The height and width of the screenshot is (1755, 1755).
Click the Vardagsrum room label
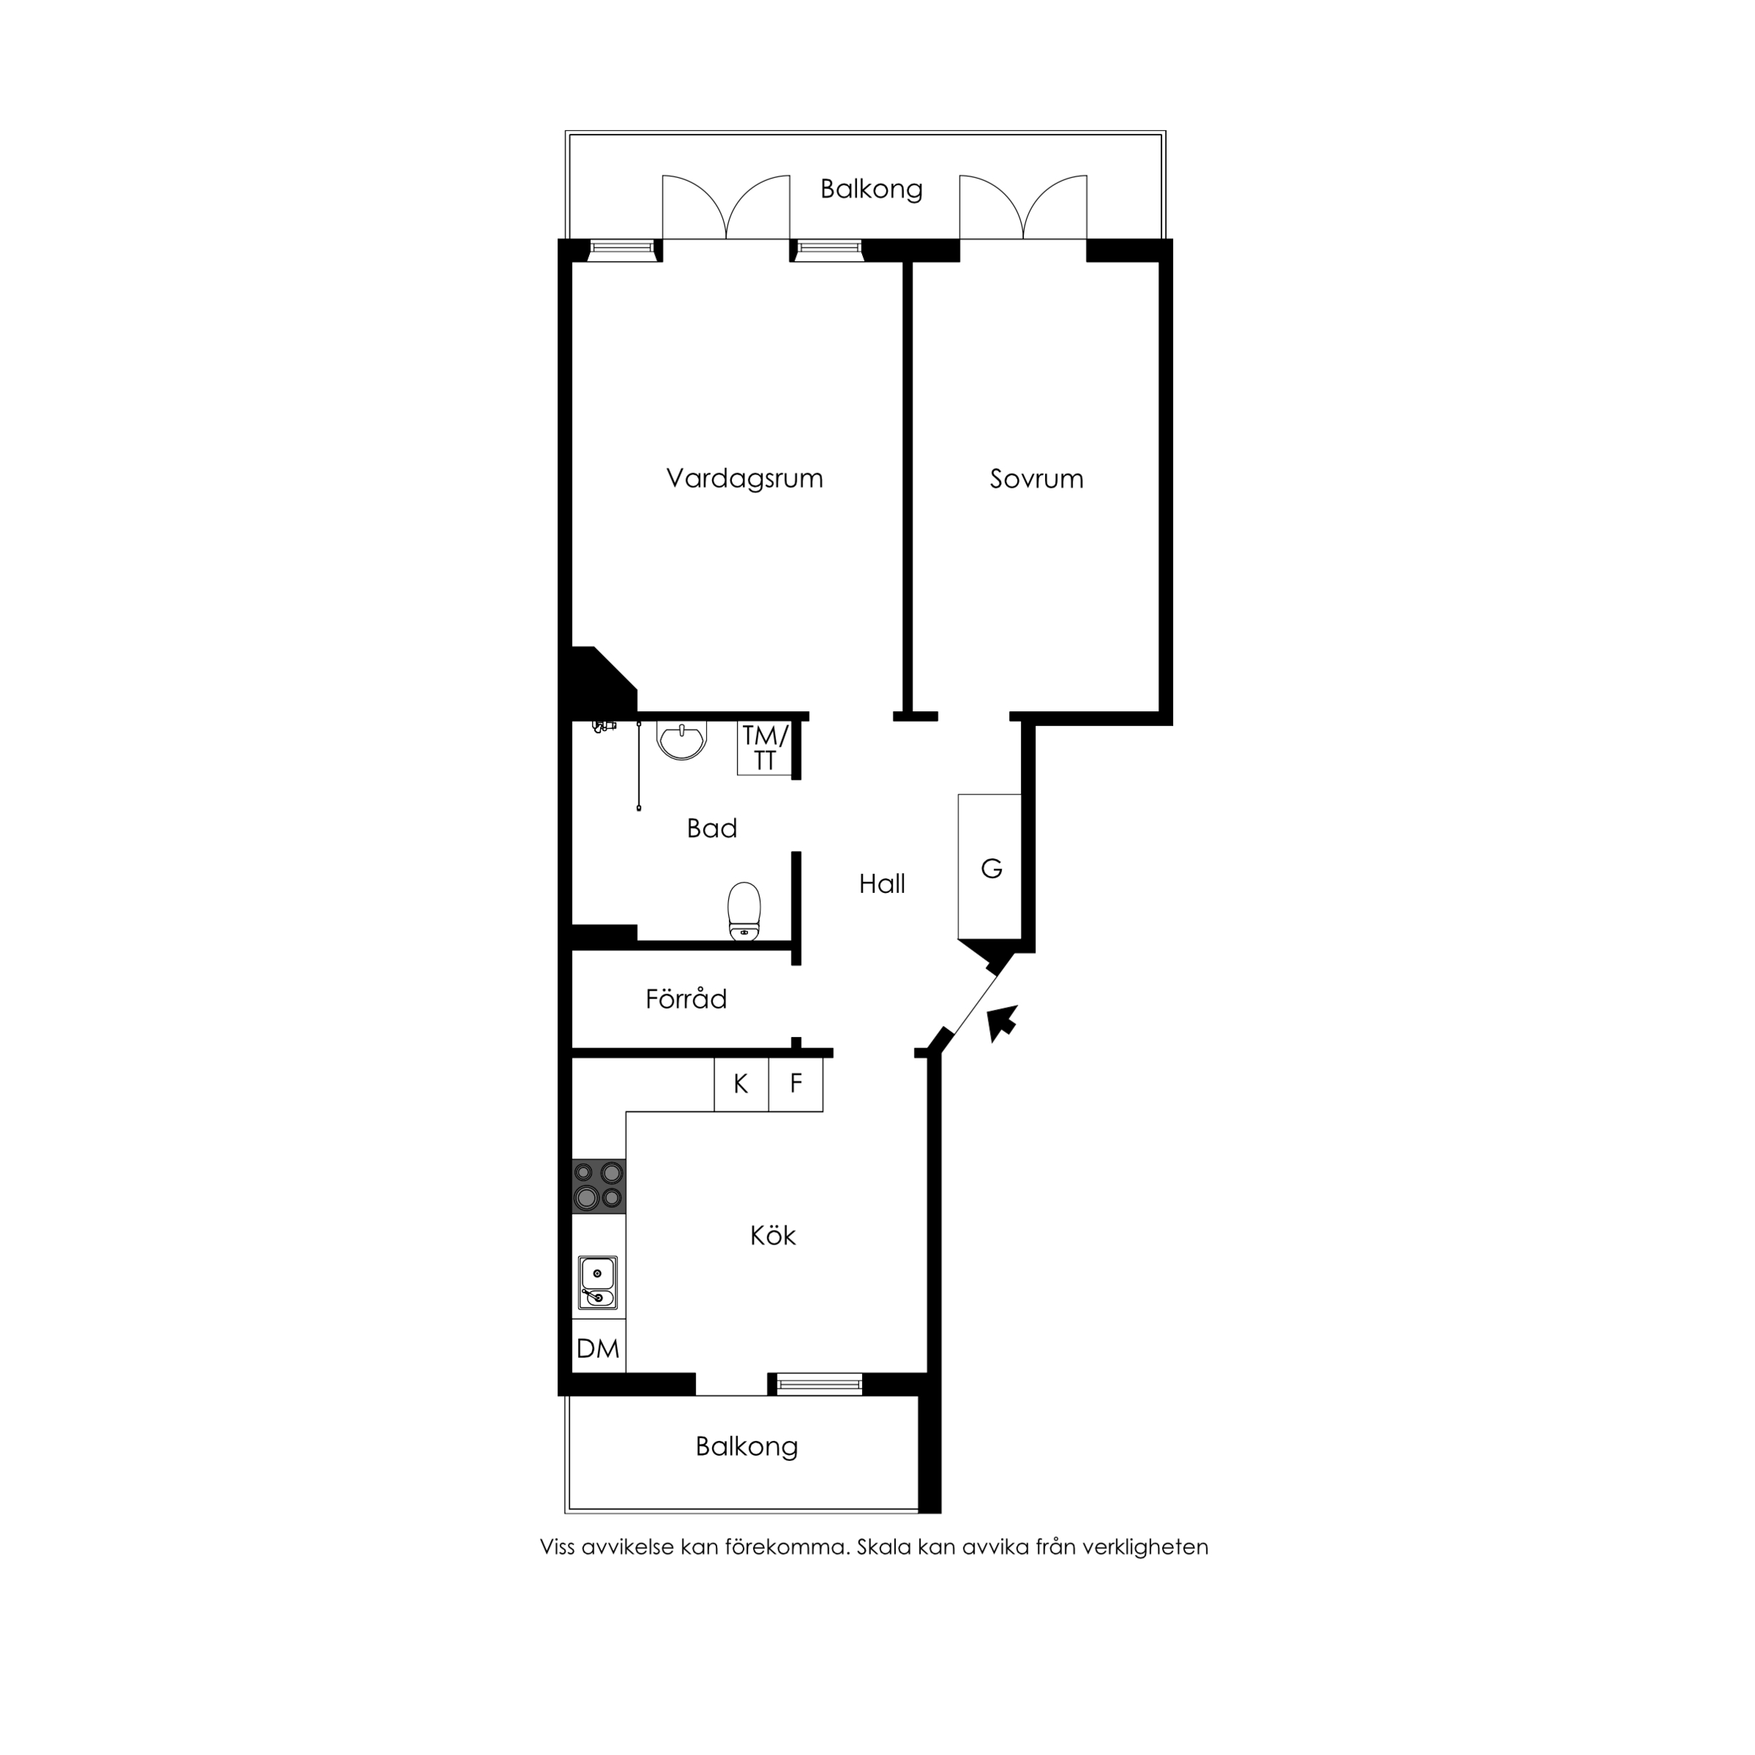click(x=745, y=479)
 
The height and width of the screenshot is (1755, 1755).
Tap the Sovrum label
click(x=1036, y=479)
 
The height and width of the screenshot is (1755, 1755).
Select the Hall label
click(x=882, y=884)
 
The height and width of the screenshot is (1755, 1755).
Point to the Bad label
click(x=712, y=828)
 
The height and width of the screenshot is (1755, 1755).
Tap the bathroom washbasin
click(x=681, y=741)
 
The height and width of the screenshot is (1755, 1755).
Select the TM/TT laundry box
click(x=765, y=749)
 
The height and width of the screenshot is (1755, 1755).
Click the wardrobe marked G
click(x=990, y=866)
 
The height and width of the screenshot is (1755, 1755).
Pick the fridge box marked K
click(x=741, y=1083)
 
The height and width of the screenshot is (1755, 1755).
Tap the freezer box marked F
click(x=796, y=1083)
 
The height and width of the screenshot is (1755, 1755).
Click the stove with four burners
click(x=599, y=1186)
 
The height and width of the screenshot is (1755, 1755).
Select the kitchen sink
click(x=598, y=1282)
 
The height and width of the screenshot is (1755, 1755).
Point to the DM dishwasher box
click(x=599, y=1348)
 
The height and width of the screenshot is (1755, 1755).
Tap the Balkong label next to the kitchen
click(x=747, y=1446)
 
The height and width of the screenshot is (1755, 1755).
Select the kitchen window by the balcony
click(x=819, y=1384)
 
